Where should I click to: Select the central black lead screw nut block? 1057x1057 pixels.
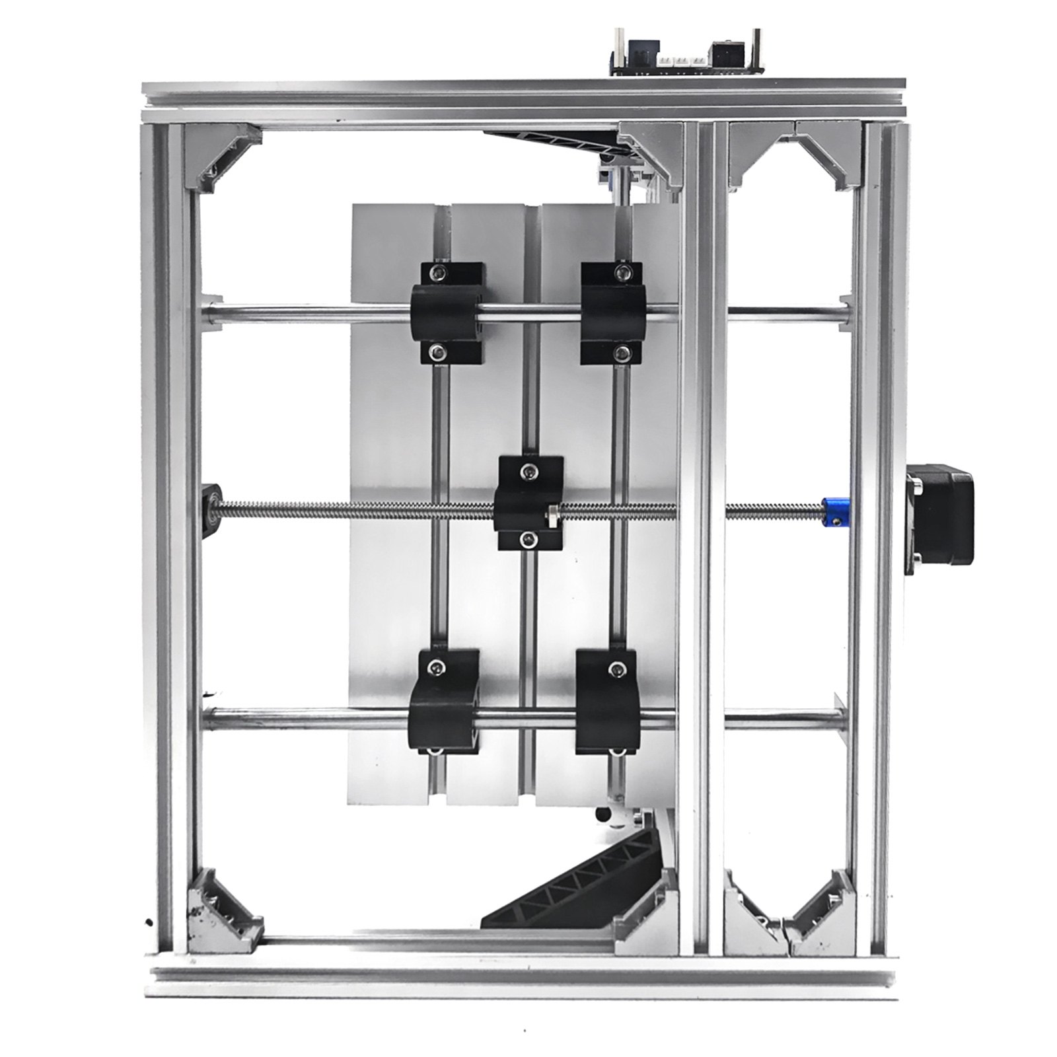[x=531, y=503]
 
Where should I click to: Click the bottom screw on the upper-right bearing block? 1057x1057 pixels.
[x=620, y=353]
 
